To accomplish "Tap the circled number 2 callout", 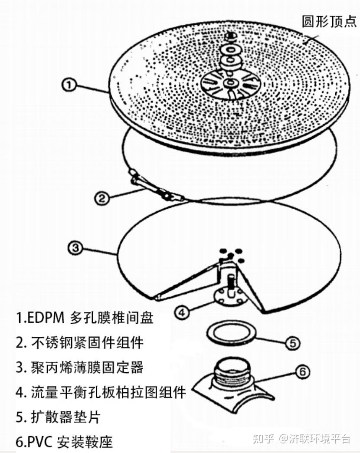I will point(101,198).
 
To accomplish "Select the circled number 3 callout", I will point(75,248).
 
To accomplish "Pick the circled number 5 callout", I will point(292,343).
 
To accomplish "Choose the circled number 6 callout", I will point(303,371).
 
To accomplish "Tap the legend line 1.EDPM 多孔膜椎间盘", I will point(85,318).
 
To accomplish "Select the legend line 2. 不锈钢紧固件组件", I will point(79,343).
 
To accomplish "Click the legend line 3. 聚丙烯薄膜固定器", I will point(79,368).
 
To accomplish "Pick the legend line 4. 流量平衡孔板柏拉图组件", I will point(101,392).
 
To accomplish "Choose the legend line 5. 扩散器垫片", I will point(59,417).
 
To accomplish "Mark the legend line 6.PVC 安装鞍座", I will point(64,442).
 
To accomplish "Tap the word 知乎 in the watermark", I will point(263,439).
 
